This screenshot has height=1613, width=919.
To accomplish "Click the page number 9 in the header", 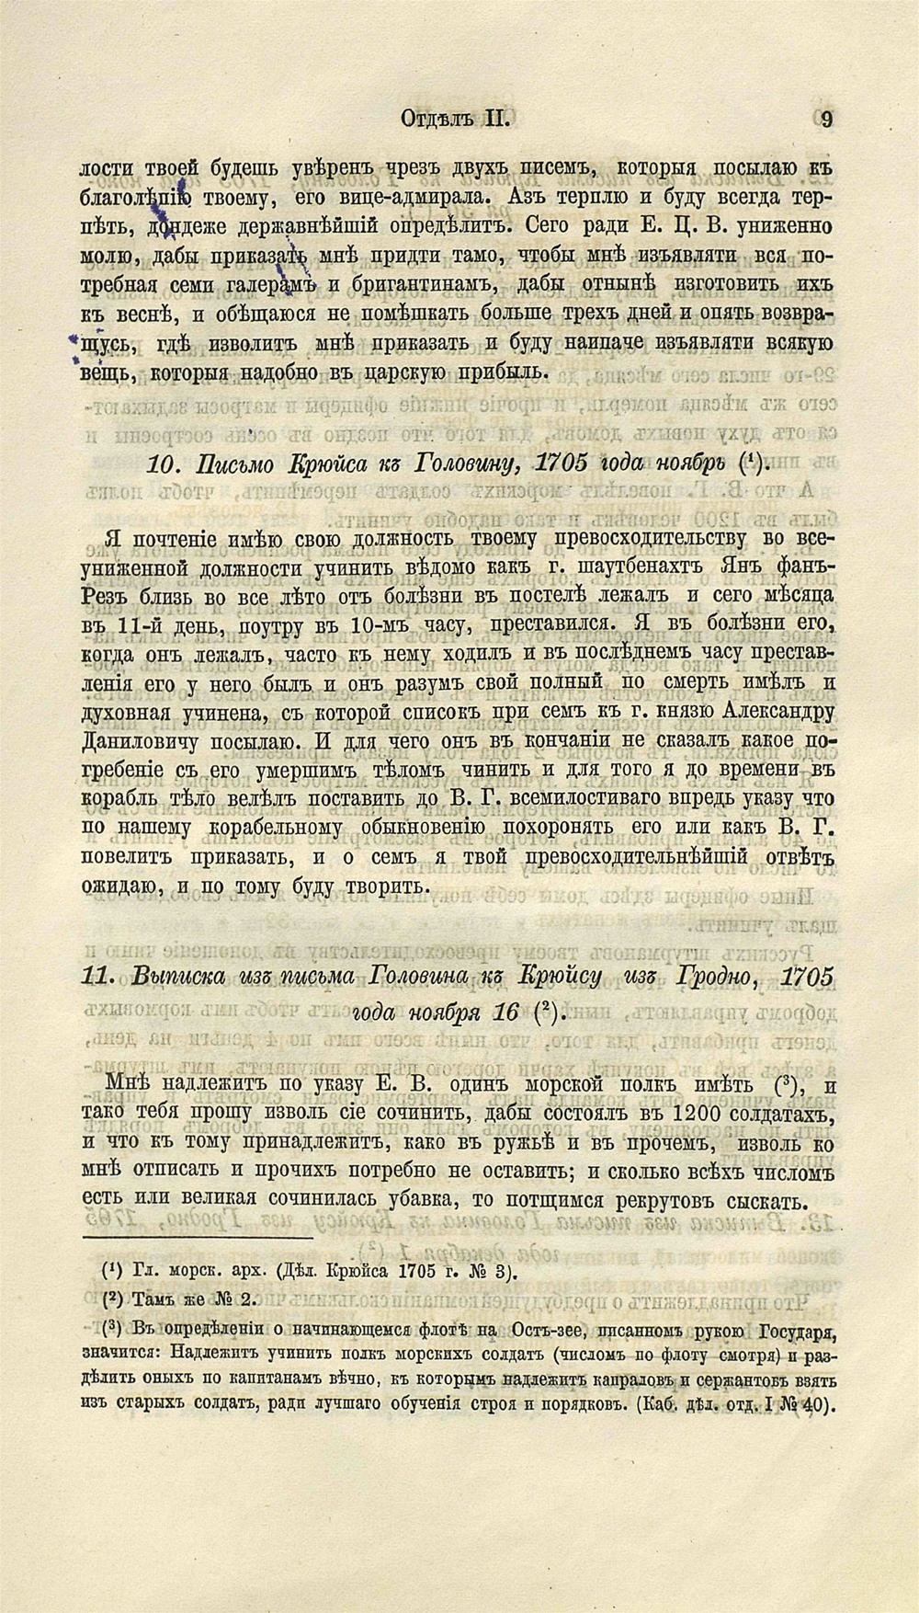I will coord(827,119).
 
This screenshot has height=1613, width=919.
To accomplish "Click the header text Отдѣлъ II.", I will coord(455,119).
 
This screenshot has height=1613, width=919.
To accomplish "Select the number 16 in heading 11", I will coord(505,1013).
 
